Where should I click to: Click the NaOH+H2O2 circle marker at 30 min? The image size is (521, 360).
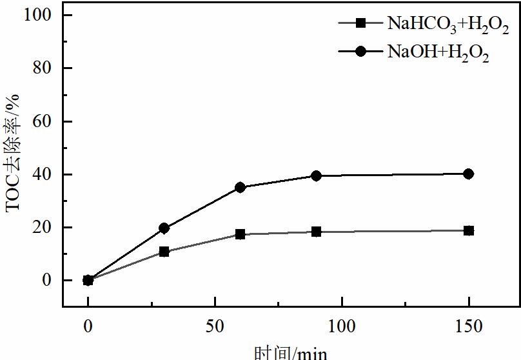(x=164, y=228)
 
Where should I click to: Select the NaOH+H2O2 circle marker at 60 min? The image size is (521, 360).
(x=240, y=187)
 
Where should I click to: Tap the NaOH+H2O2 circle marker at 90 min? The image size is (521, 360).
(x=316, y=175)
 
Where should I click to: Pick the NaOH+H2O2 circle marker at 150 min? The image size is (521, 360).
(x=468, y=174)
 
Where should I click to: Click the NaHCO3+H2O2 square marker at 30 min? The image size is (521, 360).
(x=164, y=252)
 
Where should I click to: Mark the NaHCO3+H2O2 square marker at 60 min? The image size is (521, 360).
(x=240, y=234)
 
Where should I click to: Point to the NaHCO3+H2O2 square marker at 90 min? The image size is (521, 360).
(x=316, y=232)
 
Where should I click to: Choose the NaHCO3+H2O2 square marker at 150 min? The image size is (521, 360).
(x=468, y=230)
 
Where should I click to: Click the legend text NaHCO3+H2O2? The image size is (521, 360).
(x=447, y=26)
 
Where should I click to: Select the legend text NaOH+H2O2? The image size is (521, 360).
(x=438, y=54)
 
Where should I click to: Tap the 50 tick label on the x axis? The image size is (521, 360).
(x=214, y=326)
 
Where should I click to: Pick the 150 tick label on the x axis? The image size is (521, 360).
(x=468, y=326)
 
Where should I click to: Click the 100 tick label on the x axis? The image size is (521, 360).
(x=341, y=326)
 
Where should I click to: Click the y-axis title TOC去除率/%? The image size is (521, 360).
(x=14, y=152)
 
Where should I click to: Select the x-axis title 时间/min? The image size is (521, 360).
(x=290, y=352)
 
